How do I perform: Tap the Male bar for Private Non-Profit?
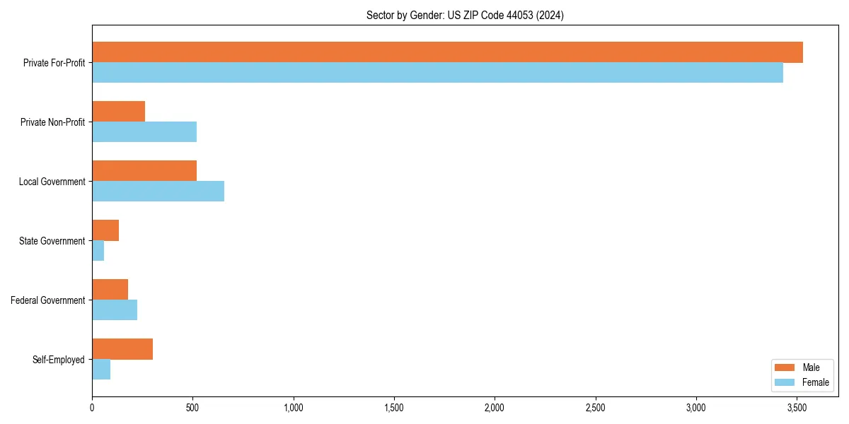point(118,112)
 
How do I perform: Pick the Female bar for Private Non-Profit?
point(144,132)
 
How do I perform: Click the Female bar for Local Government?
point(158,192)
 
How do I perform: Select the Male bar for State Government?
point(105,230)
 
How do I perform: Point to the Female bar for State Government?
point(98,251)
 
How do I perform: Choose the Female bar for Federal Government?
point(115,310)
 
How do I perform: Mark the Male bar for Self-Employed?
point(122,349)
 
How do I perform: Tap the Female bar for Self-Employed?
point(101,370)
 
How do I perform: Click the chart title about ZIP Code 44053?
point(465,15)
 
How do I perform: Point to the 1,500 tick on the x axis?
point(394,408)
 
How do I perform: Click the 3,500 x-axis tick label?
point(797,408)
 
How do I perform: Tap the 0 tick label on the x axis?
point(92,408)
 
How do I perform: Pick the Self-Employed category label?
point(59,360)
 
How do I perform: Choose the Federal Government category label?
point(48,300)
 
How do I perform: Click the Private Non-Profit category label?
point(52,122)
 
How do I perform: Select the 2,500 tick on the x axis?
point(596,408)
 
